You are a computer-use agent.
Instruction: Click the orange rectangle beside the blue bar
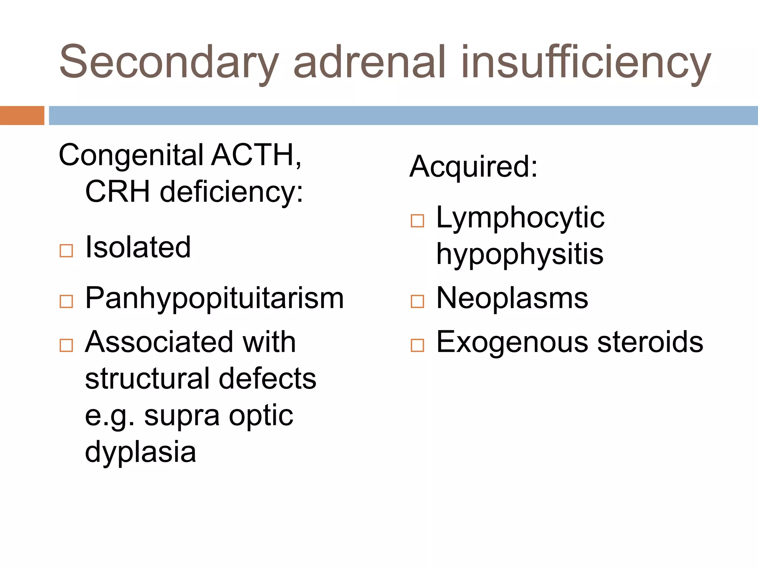click(22, 115)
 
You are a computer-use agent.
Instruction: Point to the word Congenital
click(131, 155)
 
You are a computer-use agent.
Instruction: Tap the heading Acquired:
click(473, 166)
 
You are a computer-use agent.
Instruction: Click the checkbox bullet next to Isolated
click(66, 251)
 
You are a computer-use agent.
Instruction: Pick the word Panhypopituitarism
click(214, 298)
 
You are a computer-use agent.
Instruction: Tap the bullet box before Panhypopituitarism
click(66, 301)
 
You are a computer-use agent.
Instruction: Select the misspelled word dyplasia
click(140, 452)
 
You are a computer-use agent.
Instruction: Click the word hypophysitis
click(520, 254)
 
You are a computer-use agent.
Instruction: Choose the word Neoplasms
click(512, 298)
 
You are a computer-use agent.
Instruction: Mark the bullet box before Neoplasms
click(417, 301)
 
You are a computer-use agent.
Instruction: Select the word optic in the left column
click(261, 416)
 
